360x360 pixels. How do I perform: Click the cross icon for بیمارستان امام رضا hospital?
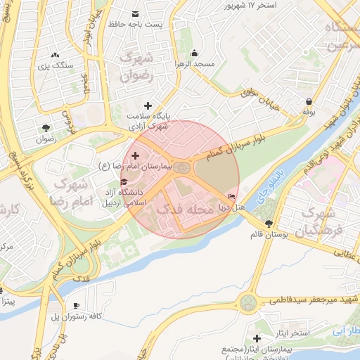[135, 154]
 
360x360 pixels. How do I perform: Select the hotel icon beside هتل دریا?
[232, 195]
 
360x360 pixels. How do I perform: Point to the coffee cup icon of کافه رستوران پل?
[76, 305]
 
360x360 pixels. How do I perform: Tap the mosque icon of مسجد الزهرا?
[194, 53]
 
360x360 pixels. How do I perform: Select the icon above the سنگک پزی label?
[55, 53]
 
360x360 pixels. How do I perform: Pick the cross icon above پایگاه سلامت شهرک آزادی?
[148, 105]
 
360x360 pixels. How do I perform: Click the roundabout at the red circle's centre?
[182, 167]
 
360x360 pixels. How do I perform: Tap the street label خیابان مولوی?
[262, 91]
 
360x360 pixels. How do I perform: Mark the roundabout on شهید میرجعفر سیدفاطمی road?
[248, 303]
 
